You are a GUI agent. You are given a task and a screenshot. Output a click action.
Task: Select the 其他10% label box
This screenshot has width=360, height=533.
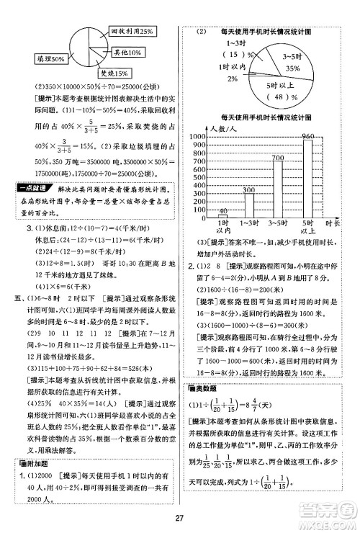coord(119,53)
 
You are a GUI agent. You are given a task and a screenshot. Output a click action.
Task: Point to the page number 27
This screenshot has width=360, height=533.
coord(180,514)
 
